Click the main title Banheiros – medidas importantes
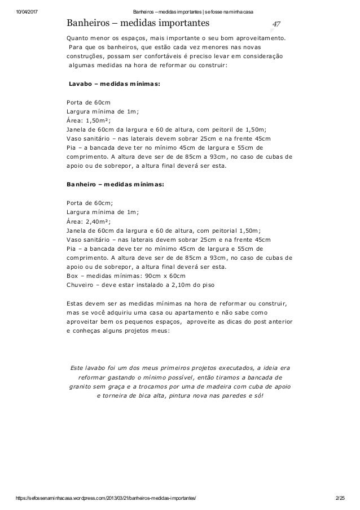click(138, 23)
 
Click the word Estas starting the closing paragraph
click(76, 303)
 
